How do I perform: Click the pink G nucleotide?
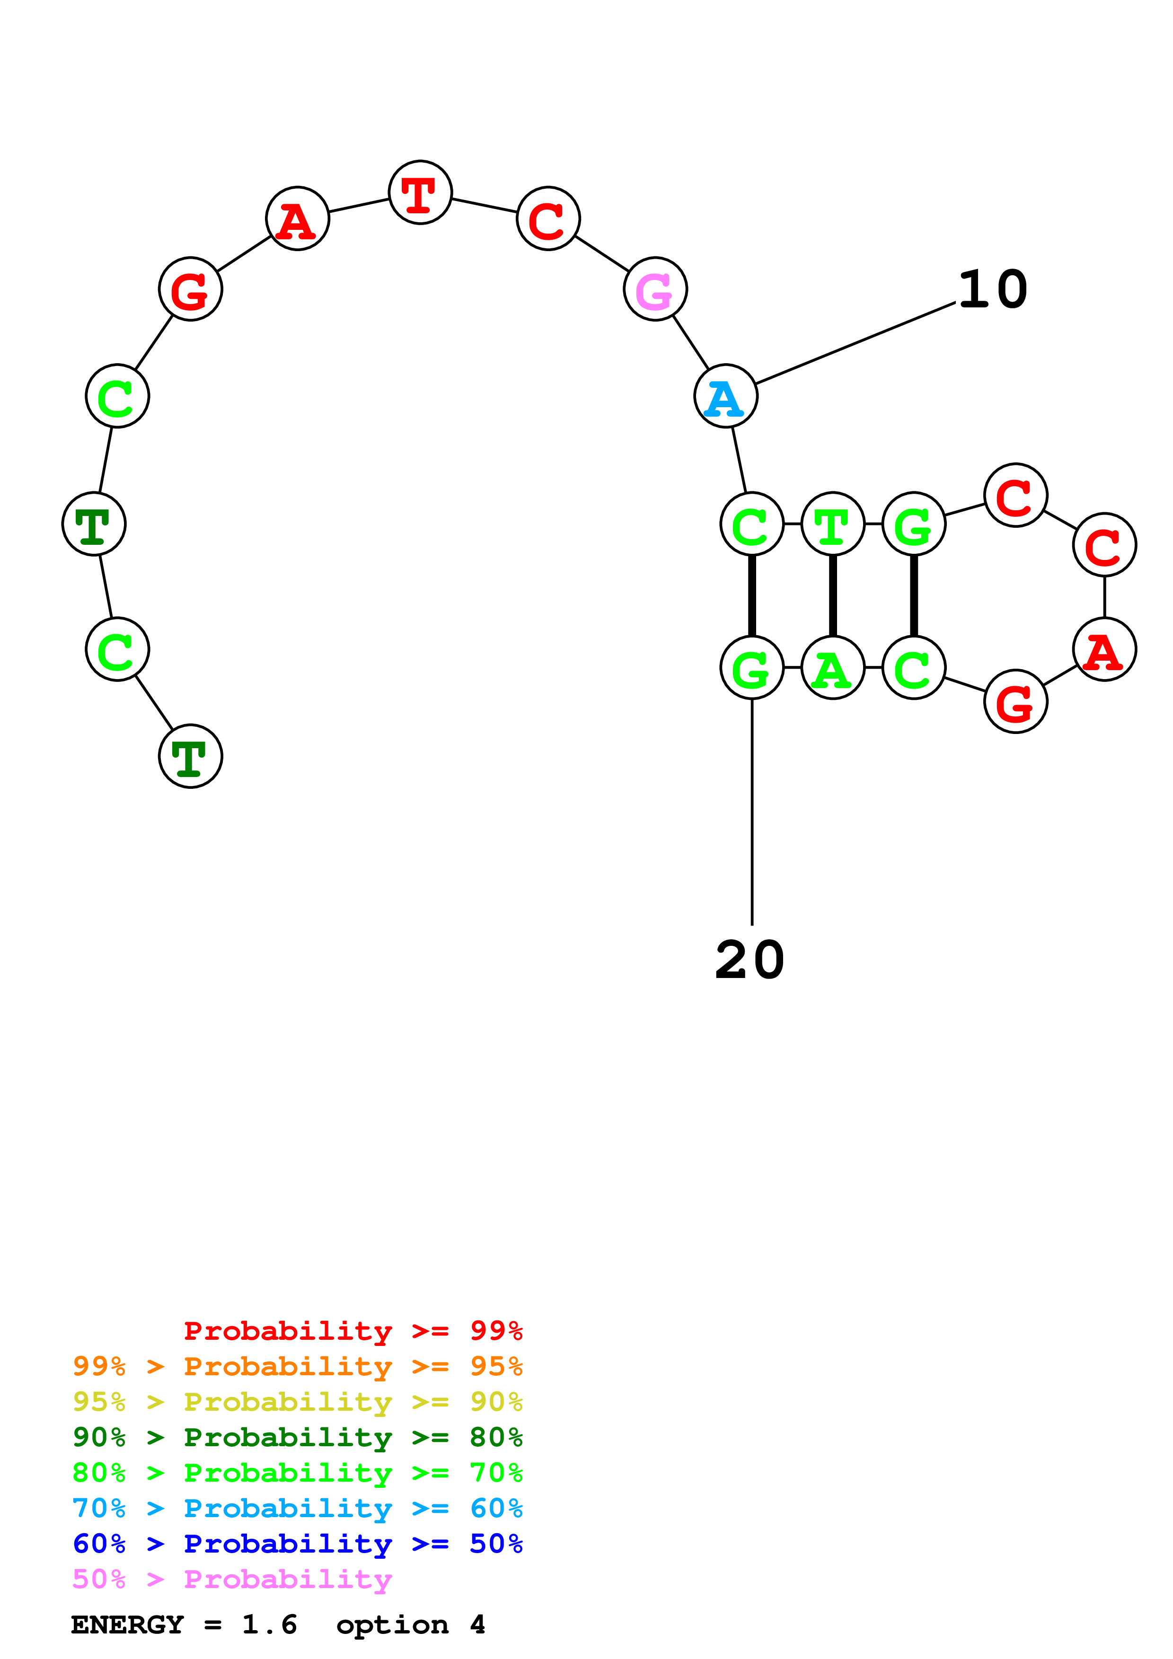[x=655, y=289]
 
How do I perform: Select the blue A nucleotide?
[x=726, y=396]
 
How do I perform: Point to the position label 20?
[x=750, y=960]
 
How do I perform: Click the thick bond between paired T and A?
[x=833, y=595]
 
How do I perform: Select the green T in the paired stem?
[x=833, y=524]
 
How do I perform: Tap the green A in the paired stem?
[x=833, y=668]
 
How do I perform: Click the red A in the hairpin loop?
[x=1104, y=649]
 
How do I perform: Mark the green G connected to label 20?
[x=752, y=668]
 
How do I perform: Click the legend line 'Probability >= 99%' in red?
[x=353, y=1330]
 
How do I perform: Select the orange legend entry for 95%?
[x=298, y=1366]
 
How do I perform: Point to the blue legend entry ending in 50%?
[x=298, y=1544]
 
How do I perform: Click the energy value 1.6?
[x=270, y=1624]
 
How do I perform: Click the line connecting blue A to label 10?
[x=855, y=343]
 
